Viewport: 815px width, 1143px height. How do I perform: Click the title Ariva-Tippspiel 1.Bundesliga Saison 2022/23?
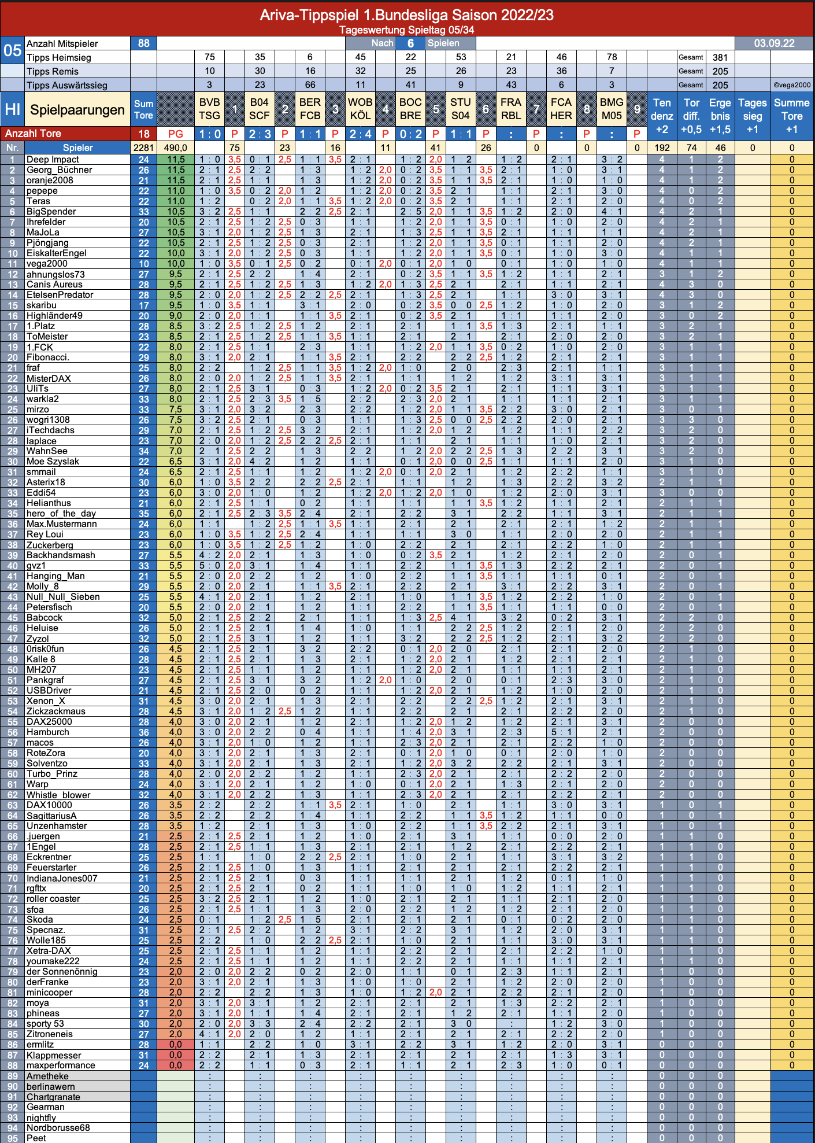[x=407, y=15]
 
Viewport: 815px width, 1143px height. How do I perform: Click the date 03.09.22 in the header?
[x=774, y=43]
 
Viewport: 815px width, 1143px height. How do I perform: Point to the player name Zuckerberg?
[x=50, y=545]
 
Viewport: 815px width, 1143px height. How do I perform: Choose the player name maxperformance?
[x=61, y=1065]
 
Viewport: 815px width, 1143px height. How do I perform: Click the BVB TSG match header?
[x=209, y=109]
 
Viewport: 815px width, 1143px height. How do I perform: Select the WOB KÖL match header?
[x=360, y=109]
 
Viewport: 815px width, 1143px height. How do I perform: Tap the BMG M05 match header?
[x=612, y=109]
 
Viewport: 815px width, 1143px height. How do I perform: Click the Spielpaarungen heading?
[x=77, y=110]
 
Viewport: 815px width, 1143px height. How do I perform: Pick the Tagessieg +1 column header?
[x=752, y=116]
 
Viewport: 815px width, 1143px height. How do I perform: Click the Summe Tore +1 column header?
[x=791, y=116]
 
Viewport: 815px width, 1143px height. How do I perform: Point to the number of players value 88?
[x=144, y=43]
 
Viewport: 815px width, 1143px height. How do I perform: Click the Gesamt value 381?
[x=720, y=57]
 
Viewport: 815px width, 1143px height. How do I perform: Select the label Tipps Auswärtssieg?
[x=67, y=85]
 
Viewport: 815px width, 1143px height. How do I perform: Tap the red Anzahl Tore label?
[x=33, y=134]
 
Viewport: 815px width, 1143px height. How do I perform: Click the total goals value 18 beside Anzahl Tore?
[x=144, y=134]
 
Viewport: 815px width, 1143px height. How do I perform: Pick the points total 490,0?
[x=176, y=148]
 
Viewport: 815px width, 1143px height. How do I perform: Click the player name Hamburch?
[x=48, y=732]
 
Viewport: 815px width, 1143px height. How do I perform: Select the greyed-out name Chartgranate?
[x=53, y=1097]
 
